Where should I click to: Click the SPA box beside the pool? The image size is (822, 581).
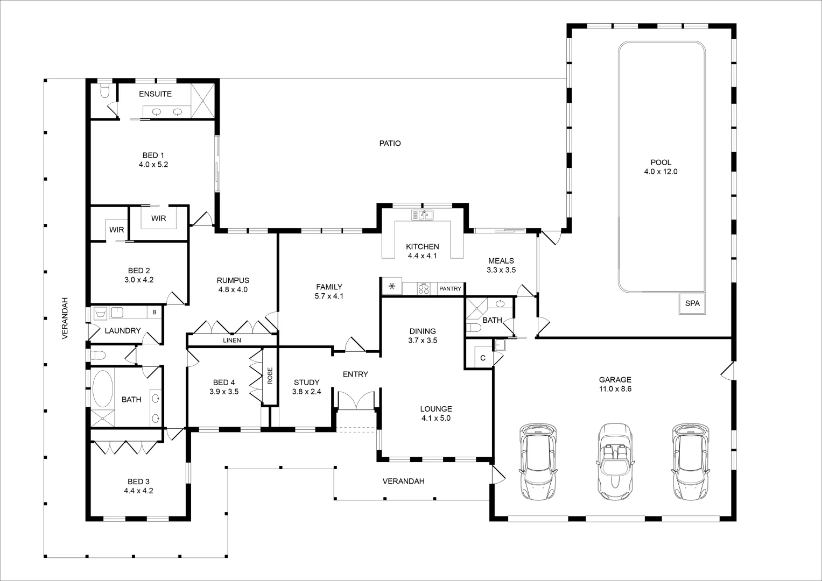pos(692,303)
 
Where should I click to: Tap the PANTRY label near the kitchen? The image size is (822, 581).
pos(450,289)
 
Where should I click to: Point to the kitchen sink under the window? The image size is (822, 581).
pos(423,215)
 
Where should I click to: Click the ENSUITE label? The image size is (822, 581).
pos(155,94)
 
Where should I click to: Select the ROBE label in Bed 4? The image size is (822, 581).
pos(270,375)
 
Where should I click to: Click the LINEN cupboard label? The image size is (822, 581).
pos(232,341)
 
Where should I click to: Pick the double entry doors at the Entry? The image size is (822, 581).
pos(355,401)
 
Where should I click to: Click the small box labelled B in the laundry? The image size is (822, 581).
pos(154,312)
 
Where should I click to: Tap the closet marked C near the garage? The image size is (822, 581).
pos(482,358)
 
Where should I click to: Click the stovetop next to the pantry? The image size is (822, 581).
pos(424,289)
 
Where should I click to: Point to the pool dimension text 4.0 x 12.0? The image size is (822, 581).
pos(661,172)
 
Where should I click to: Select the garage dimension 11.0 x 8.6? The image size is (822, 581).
pos(615,388)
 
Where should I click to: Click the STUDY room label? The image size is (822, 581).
pos(306,382)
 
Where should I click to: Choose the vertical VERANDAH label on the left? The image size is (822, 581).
pos(65,318)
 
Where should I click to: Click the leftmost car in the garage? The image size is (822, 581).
pos(538,462)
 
